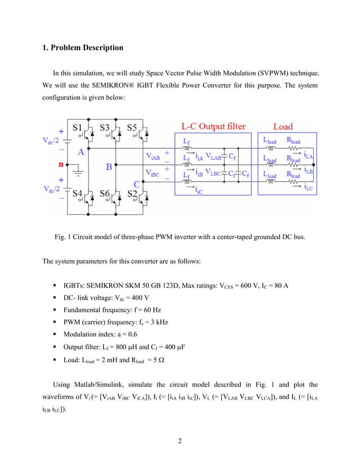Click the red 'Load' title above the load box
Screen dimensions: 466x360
point(283,126)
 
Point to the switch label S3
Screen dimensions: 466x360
point(106,127)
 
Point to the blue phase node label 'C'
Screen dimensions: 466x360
point(137,183)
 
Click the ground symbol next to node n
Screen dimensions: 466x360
point(77,170)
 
